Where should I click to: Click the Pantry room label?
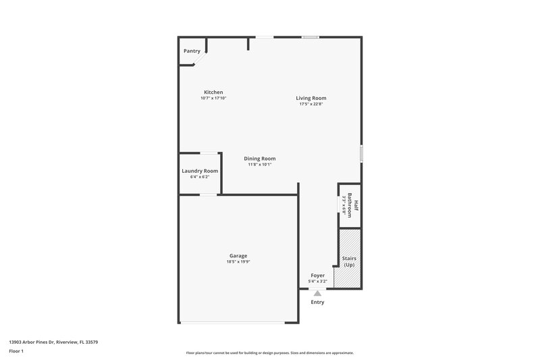192,51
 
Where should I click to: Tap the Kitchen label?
213,92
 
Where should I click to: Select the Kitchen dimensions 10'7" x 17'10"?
213,99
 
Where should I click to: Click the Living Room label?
310,98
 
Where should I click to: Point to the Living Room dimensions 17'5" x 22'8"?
310,104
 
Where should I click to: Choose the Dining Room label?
260,159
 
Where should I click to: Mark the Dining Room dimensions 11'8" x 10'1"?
260,165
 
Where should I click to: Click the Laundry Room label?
200,171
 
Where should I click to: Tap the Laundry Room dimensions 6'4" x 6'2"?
200,177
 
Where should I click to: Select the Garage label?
238,256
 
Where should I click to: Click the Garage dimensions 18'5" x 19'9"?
238,262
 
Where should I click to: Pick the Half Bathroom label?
352,204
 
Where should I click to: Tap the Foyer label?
317,276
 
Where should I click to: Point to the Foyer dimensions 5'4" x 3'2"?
317,282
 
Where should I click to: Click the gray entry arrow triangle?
317,293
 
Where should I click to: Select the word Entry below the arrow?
317,302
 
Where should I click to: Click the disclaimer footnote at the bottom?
270,353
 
